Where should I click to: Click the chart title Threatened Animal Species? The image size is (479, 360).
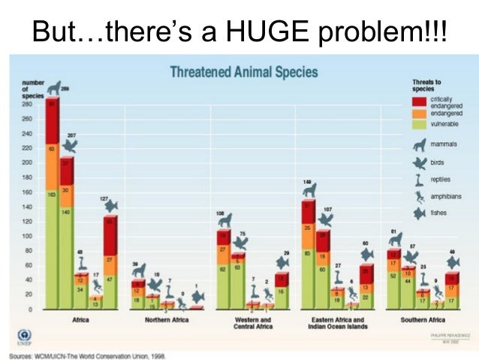coord(243,73)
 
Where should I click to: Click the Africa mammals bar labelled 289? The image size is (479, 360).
coord(53,203)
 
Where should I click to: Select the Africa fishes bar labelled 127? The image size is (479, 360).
coord(111,259)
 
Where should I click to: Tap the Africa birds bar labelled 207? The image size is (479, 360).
coord(67,233)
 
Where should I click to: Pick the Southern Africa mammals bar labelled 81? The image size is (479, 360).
coord(393,278)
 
